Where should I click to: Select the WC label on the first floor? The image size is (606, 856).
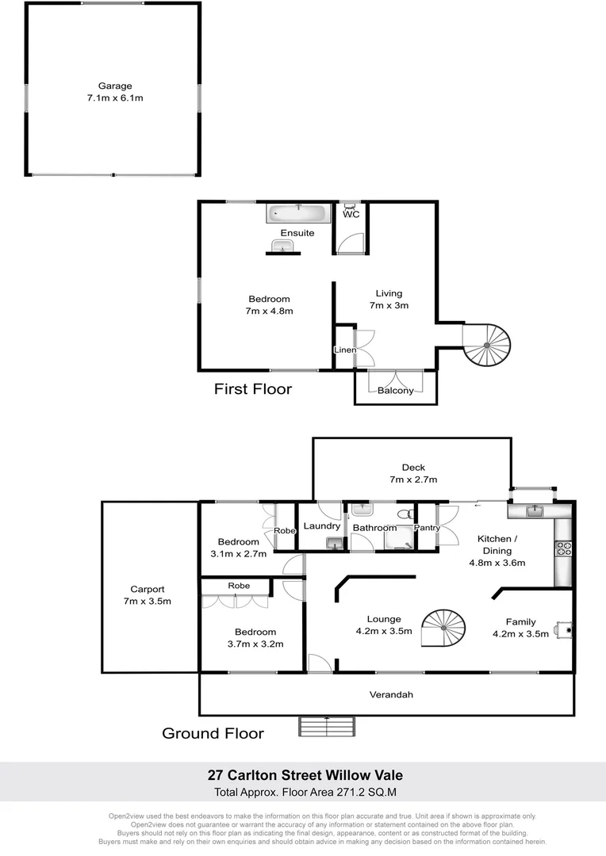(351, 214)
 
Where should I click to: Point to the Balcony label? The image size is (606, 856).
(395, 390)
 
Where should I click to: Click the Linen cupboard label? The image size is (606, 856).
(344, 350)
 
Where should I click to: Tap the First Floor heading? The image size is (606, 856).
(253, 389)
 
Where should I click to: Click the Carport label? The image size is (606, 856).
(148, 589)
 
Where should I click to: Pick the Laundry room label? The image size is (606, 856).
(322, 525)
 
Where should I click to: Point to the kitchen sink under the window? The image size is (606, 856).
(535, 510)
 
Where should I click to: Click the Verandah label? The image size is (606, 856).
(391, 694)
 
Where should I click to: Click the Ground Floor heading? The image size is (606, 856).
(213, 733)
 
